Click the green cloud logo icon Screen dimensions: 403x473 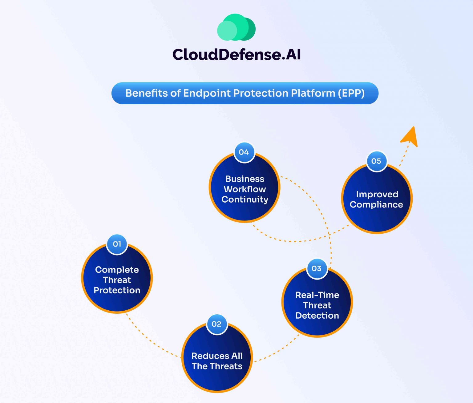click(x=236, y=27)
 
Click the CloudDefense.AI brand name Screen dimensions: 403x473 click(x=236, y=54)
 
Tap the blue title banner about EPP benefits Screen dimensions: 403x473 click(x=245, y=93)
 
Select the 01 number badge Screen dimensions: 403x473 click(x=117, y=244)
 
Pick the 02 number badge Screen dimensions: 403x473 click(x=216, y=324)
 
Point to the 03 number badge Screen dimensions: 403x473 click(x=317, y=268)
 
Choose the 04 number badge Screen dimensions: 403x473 click(x=244, y=152)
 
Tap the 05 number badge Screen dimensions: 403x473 click(x=376, y=161)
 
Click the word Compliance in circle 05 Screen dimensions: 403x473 click(x=376, y=205)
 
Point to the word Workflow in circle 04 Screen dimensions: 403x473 click(x=245, y=189)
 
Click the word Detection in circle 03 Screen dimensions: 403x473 click(x=317, y=316)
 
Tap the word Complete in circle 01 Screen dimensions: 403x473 click(x=117, y=270)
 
